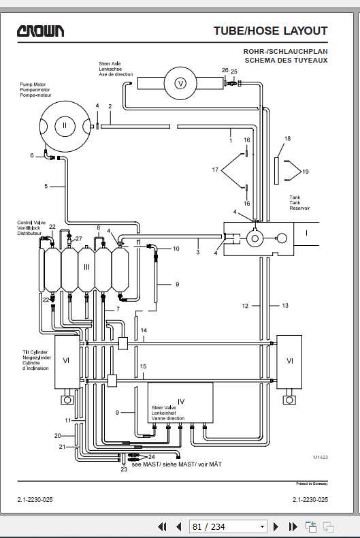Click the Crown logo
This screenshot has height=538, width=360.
(40, 31)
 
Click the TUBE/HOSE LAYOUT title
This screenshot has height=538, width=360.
(271, 31)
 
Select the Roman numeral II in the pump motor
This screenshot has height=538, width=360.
(65, 125)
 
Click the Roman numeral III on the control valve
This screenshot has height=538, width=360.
(86, 266)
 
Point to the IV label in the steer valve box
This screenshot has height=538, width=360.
(181, 402)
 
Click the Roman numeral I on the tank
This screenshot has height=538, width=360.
(306, 234)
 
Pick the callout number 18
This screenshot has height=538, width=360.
(287, 139)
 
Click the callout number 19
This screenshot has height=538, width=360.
(305, 172)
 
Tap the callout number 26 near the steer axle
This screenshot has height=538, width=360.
(225, 70)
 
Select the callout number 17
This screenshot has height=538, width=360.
(215, 170)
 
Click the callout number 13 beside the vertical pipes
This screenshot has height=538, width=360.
(285, 305)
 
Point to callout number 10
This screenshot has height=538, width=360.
(176, 249)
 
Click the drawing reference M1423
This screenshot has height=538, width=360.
(321, 457)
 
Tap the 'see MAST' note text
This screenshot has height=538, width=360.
(176, 464)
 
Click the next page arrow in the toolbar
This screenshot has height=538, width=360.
(276, 526)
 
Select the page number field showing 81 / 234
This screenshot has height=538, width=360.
(228, 526)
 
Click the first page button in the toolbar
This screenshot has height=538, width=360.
(162, 526)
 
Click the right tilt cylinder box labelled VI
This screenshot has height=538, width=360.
(289, 362)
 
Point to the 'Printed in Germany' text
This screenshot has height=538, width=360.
(312, 484)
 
